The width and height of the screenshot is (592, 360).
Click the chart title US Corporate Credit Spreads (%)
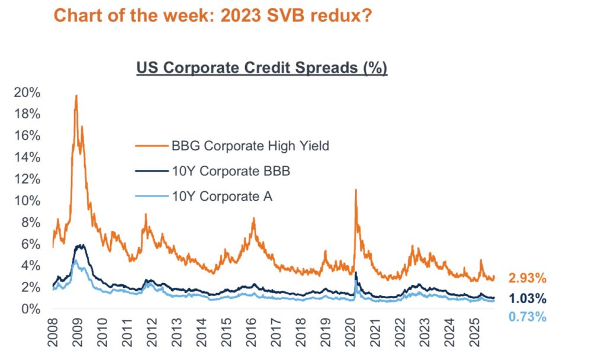(262, 68)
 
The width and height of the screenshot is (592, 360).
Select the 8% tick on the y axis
(31, 223)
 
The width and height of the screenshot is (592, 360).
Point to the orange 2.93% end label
(527, 278)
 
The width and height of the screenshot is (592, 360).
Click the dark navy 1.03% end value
(527, 299)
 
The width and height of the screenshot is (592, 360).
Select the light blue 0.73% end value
(527, 317)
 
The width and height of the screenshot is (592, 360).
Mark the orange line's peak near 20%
(76, 95)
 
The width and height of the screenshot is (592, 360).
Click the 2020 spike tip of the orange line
(356, 190)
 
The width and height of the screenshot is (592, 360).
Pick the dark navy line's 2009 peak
(80, 245)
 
